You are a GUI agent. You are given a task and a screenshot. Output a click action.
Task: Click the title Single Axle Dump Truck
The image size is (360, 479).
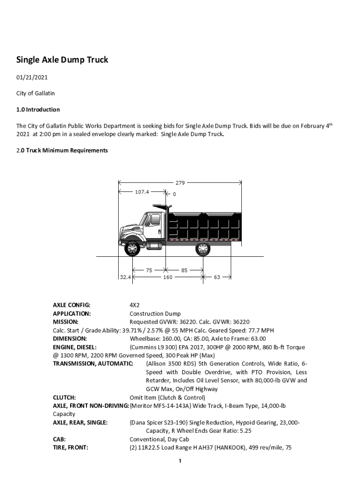pos(62,60)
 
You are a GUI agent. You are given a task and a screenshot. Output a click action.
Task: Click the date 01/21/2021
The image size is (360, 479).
pos(32,77)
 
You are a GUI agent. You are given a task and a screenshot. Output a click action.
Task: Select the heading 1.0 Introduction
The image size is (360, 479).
pos(38,109)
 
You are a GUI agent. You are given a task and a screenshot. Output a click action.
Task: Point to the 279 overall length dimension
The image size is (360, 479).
pos(180,182)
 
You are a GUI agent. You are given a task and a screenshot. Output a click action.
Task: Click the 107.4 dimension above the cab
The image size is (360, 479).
pos(142,192)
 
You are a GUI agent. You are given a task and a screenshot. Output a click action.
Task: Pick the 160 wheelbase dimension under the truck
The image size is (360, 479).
pos(168,277)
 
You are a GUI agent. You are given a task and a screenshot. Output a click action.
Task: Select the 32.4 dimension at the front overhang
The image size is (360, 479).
pos(125,277)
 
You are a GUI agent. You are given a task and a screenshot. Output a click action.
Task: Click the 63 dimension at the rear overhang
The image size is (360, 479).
pos(217,277)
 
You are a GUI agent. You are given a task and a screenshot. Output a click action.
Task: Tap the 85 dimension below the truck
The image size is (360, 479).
pos(184,270)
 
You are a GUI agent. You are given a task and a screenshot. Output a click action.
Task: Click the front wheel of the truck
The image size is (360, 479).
pos(132,248)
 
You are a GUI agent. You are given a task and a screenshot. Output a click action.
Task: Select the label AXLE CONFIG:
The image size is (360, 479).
pos(72,305)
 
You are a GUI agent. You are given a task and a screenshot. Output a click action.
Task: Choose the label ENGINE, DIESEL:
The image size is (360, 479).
pos(75,347)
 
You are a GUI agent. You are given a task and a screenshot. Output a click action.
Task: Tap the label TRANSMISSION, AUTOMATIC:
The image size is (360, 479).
pos(93,363)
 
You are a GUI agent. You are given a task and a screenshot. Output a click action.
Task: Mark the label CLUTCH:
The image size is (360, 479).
pos(65,398)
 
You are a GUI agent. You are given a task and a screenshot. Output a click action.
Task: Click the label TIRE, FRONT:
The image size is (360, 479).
pos(71,448)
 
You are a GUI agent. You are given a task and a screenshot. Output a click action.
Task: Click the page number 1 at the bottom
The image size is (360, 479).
pos(180,462)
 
